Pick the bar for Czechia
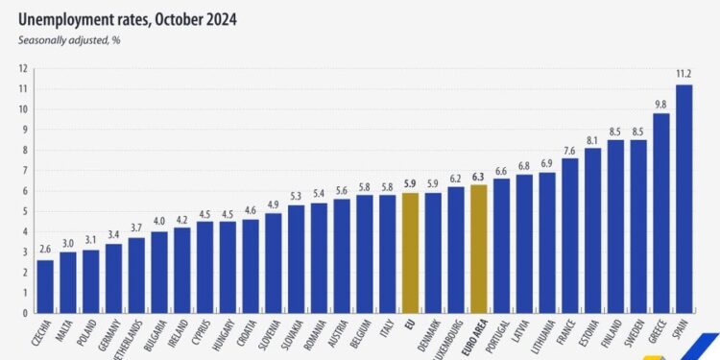[45, 285]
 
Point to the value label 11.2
[684, 74]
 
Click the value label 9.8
[660, 103]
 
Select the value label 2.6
[45, 249]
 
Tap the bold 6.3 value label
[478, 174]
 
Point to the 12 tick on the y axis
[21, 68]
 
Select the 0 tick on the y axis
[23, 312]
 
